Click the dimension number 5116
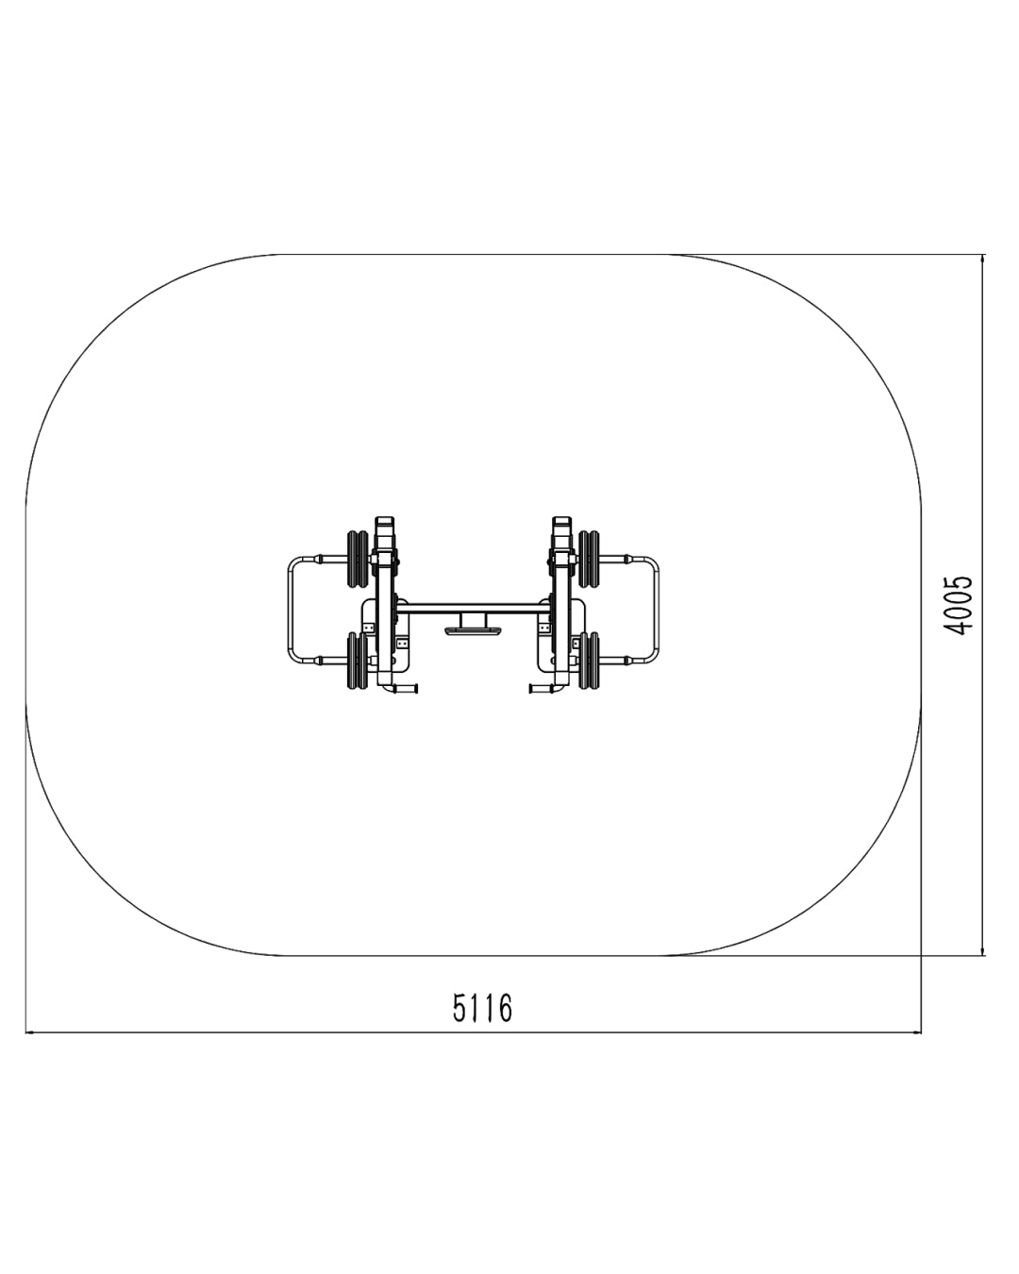point(482,1008)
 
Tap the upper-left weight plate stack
point(358,559)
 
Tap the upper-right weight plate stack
point(589,559)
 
